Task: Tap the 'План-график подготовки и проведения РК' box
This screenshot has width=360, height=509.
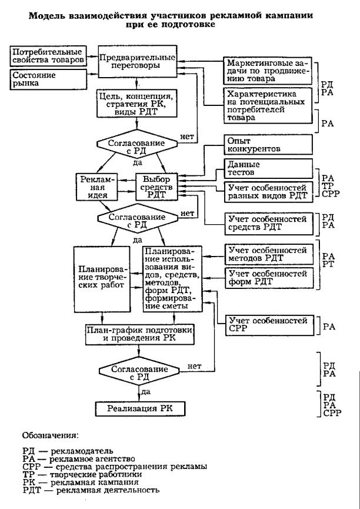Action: tap(138, 334)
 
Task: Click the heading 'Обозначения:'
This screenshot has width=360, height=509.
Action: tap(49, 436)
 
